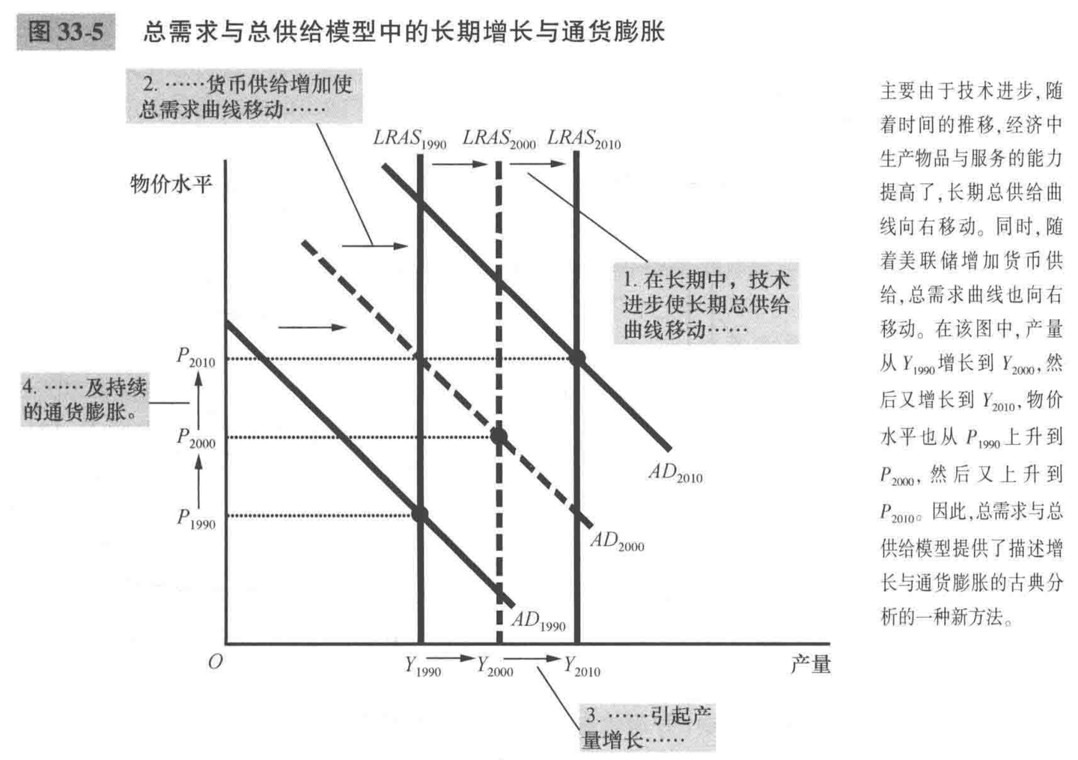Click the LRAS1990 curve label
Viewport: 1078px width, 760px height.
(409, 139)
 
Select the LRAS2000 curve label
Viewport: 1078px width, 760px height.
(499, 139)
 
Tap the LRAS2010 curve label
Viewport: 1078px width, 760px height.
(584, 139)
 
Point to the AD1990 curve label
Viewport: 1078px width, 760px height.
(538, 621)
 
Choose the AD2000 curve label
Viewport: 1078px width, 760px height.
(617, 541)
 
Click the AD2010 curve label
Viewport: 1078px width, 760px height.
(675, 473)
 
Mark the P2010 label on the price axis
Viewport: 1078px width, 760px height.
(195, 358)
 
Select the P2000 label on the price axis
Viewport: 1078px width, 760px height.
(195, 438)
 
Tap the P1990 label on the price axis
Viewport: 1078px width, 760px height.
(195, 518)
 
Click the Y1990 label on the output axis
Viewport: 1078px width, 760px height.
(423, 666)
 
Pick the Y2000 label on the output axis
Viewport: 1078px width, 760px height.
(495, 666)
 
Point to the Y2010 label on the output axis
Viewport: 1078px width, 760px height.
(582, 666)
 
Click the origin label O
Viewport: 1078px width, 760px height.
(216, 663)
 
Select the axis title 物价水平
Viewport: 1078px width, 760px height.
(171, 184)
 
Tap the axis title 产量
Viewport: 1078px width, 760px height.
(810, 664)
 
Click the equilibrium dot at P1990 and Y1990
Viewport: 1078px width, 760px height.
(420, 514)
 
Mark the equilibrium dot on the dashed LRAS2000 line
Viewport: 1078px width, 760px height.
(499, 437)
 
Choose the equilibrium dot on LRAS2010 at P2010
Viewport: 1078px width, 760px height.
(576, 358)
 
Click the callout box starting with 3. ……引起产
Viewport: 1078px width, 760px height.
(648, 727)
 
